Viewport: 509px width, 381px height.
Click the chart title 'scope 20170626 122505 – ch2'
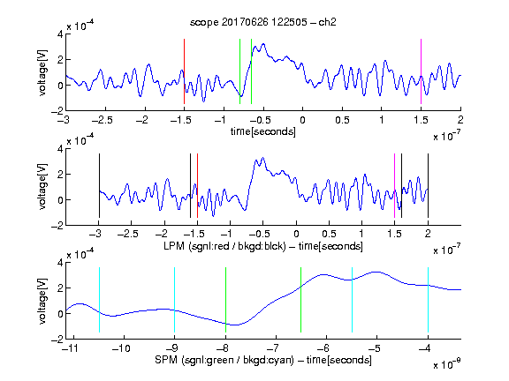(263, 22)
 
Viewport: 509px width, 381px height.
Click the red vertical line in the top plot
(184, 71)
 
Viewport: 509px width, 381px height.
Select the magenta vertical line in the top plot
(421, 71)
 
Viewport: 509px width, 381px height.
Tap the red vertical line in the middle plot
(197, 185)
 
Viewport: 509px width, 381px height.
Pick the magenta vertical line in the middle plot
(394, 185)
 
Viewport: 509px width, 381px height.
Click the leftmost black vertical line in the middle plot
(99, 185)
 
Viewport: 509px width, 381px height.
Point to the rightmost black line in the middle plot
(428, 185)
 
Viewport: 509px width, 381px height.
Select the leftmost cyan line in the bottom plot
(99, 300)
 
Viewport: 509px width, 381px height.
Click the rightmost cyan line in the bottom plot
(428, 300)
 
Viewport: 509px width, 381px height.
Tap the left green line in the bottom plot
(225, 300)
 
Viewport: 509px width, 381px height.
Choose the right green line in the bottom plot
(301, 300)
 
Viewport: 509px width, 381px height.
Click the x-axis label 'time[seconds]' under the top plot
(263, 132)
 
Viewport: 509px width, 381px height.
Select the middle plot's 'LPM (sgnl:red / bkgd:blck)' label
(224, 246)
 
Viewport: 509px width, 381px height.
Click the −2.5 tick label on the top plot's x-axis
(102, 120)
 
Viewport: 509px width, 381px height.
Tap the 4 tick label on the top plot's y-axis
(60, 34)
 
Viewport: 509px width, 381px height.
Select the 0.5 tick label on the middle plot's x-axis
(329, 234)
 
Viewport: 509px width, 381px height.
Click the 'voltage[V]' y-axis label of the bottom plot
(42, 301)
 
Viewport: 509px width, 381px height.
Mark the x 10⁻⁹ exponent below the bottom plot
(446, 364)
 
